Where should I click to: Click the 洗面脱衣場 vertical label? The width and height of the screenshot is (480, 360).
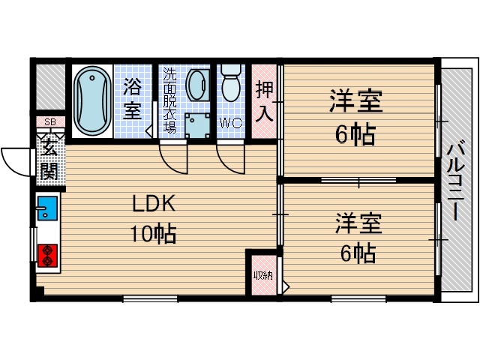(x=169, y=100)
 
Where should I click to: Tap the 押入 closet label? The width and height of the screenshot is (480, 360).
(x=264, y=102)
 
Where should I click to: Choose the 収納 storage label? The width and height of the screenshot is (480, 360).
(x=262, y=275)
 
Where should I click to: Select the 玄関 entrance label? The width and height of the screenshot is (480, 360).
(x=49, y=160)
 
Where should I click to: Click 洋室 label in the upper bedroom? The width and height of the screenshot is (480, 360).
(x=355, y=102)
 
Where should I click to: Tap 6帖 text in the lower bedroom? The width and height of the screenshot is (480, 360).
(x=358, y=253)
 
